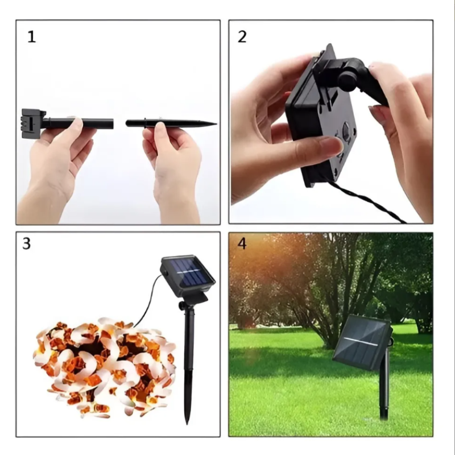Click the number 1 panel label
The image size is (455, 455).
pos(32,37)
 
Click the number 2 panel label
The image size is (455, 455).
pos(242,37)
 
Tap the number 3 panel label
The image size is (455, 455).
pos(26,243)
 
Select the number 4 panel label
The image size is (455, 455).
pos(242,243)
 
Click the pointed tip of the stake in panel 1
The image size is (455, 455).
pos(216,124)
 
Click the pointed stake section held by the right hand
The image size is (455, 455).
pos(171,123)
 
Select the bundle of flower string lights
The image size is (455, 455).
pos(105,367)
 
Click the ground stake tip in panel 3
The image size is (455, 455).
pos(187,421)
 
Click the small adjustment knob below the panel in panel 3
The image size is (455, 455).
pos(182,305)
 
